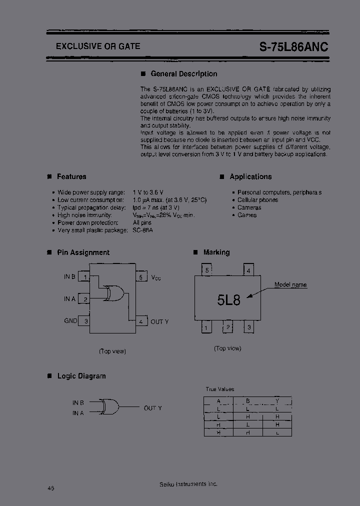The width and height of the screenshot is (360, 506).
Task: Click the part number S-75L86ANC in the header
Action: (294, 47)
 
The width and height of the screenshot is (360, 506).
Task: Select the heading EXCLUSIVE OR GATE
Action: (98, 46)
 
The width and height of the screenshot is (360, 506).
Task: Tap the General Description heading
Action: (183, 74)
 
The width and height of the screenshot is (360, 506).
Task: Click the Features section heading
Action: (71, 176)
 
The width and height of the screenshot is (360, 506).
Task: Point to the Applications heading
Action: (250, 176)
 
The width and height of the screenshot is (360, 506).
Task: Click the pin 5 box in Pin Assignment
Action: (141, 277)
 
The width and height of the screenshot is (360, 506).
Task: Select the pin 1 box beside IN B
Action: (86, 277)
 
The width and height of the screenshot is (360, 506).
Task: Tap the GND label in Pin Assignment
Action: (70, 321)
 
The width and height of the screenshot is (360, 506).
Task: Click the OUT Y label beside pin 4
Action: (159, 321)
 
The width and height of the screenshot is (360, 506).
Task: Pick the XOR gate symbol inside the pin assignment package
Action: (114, 293)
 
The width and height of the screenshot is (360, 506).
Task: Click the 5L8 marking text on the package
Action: (229, 300)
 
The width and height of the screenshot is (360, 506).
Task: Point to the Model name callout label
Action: (290, 285)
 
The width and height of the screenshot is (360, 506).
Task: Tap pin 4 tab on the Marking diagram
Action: (248, 270)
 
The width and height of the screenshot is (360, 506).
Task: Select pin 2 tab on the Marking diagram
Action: (227, 327)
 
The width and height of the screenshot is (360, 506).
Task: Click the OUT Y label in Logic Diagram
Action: (152, 408)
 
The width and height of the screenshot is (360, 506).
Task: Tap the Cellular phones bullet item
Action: (257, 200)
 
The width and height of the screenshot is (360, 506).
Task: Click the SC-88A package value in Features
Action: (142, 230)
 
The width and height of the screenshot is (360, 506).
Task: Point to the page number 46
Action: (51, 488)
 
